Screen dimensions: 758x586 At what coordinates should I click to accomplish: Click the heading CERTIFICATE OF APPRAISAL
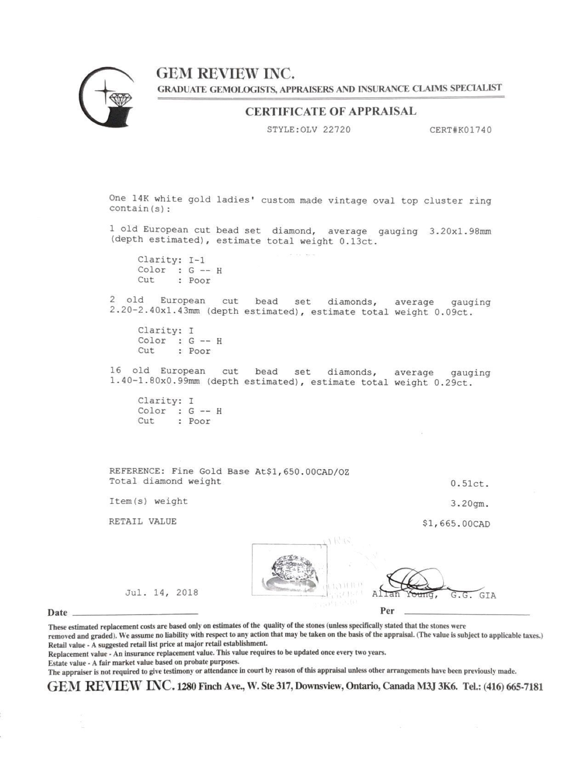pos(330,111)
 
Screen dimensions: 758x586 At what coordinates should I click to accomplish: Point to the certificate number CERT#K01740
pos(460,130)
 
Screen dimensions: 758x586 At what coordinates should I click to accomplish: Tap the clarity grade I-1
pos(197,260)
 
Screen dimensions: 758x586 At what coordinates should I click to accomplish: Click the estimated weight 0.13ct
pos(358,242)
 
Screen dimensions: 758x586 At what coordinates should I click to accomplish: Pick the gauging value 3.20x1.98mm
pos(460,231)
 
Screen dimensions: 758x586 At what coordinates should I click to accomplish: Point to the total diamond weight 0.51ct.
pos(470,484)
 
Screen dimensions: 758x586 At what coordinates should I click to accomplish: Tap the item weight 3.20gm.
pos(470,504)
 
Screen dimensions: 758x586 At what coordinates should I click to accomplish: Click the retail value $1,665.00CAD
pos(456,524)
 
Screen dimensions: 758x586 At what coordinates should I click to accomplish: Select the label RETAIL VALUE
pos(142,521)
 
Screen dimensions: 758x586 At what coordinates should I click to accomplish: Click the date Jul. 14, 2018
pos(162,593)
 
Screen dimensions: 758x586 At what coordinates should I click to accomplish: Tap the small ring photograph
pos(290,570)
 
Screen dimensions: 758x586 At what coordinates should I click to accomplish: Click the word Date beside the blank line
pos(57,612)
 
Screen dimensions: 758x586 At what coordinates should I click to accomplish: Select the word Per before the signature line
pos(387,611)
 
